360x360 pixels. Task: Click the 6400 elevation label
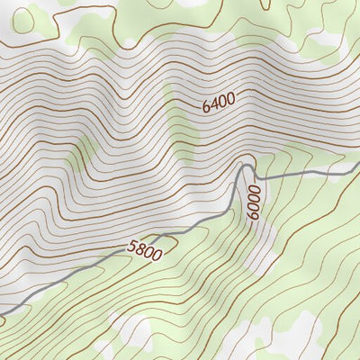219,103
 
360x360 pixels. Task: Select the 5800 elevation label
144,250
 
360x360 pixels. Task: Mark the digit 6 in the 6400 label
207,108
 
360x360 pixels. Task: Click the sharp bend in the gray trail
243,166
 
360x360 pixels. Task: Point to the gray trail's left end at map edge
2,313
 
